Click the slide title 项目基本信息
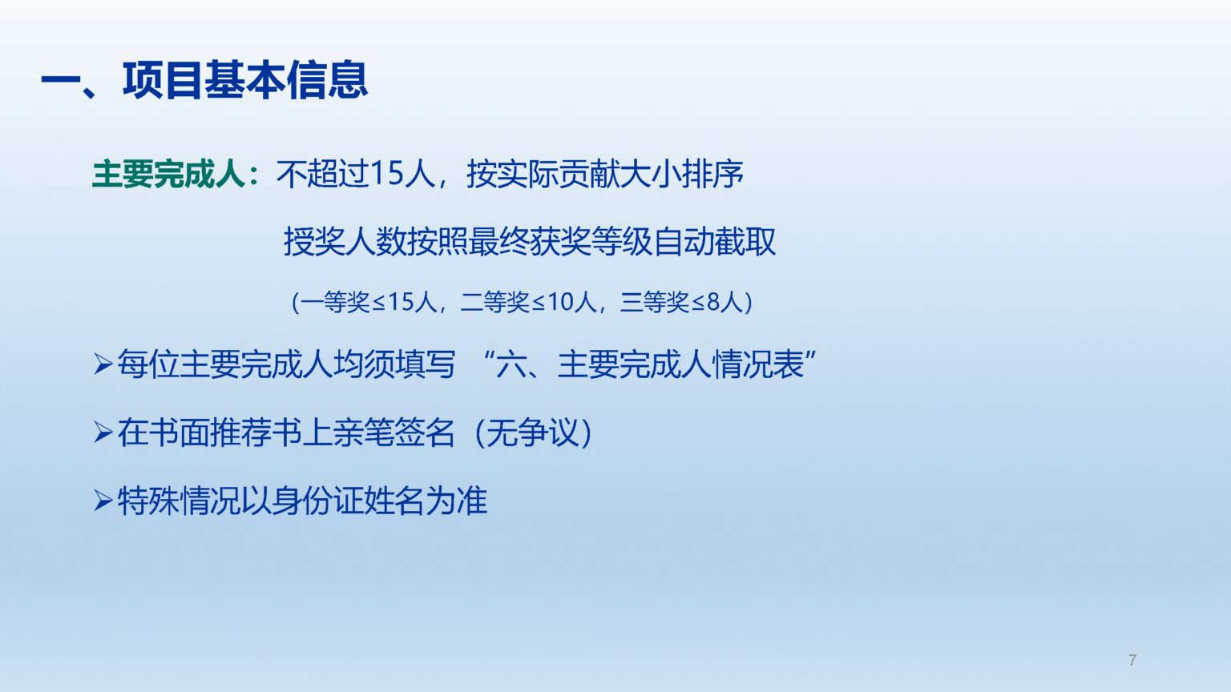(x=245, y=81)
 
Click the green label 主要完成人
(x=168, y=175)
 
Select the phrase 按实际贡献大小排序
(x=604, y=174)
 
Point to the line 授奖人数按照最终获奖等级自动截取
(x=529, y=242)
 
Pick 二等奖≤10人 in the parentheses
(x=528, y=302)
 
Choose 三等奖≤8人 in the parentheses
(x=681, y=302)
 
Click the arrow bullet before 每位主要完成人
(x=103, y=364)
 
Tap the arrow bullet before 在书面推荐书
(x=103, y=432)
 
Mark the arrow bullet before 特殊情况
(x=103, y=501)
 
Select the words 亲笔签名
(x=393, y=432)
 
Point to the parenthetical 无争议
(x=532, y=432)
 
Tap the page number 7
(x=1132, y=660)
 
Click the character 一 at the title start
(x=60, y=81)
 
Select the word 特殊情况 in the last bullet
(x=179, y=501)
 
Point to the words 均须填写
(x=394, y=364)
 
